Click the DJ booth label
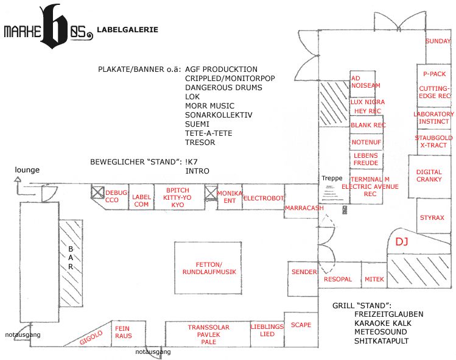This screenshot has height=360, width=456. point(402,242)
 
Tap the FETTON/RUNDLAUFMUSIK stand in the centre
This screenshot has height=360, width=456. point(208,268)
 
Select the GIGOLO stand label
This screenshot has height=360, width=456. point(91,337)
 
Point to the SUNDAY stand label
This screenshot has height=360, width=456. point(438,41)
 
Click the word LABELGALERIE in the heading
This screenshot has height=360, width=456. point(127,30)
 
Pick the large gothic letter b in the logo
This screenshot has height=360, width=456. point(54,26)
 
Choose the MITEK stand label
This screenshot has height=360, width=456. point(374,279)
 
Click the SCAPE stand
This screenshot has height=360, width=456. point(301,330)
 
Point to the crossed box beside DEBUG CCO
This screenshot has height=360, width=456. point(97,192)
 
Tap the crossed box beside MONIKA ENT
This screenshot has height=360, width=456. point(211,192)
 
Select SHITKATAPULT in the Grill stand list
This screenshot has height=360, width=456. point(381,341)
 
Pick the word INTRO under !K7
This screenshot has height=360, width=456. point(197,171)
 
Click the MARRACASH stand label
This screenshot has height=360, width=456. point(304,208)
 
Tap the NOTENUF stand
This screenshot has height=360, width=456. point(366,142)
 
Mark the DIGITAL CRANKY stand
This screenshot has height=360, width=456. point(430,177)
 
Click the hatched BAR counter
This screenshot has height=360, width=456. point(71,263)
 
